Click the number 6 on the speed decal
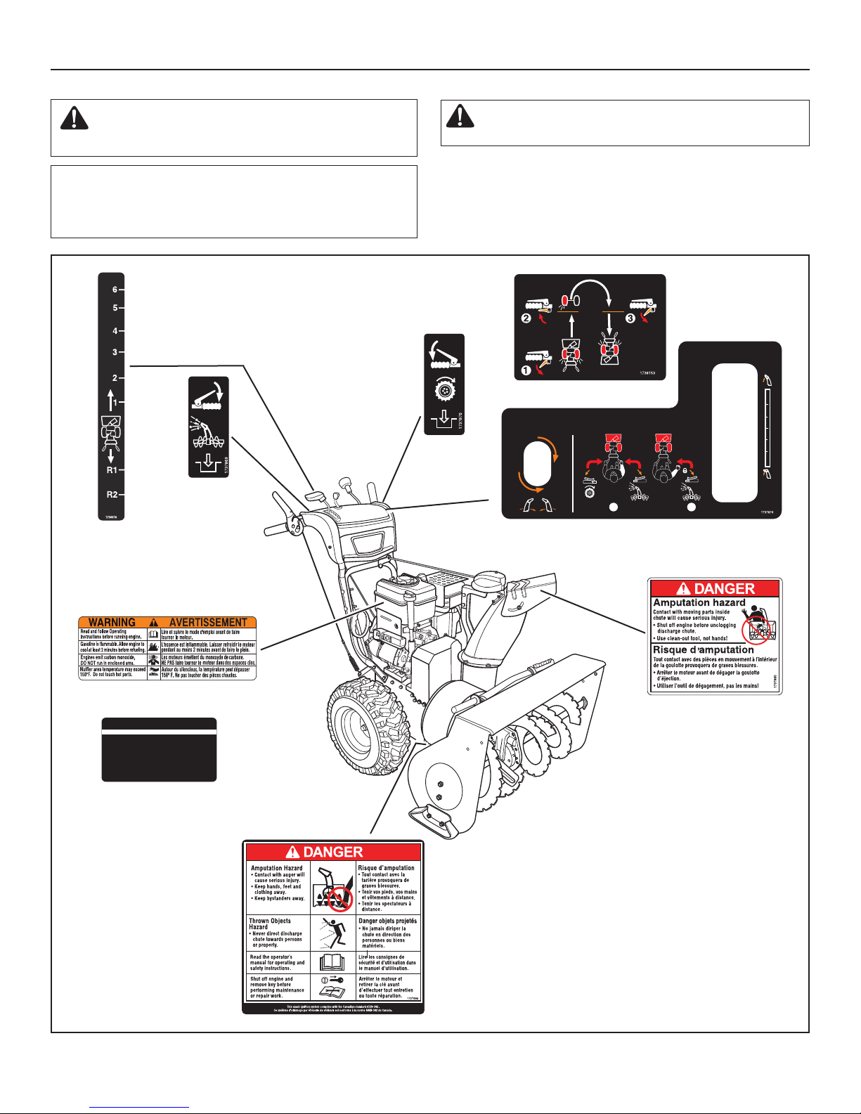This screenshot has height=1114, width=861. (x=115, y=290)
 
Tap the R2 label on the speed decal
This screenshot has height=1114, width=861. (x=112, y=494)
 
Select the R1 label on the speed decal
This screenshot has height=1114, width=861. (x=112, y=470)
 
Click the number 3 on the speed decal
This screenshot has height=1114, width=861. (x=115, y=352)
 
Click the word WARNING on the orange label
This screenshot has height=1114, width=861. (x=112, y=623)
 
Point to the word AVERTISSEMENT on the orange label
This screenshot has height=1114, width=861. (x=208, y=623)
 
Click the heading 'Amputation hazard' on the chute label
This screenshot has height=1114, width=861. (x=699, y=603)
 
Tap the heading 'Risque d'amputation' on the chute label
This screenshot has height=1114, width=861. (x=703, y=650)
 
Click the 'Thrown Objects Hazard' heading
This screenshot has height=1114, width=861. (x=269, y=924)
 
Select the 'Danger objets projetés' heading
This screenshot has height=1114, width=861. (x=387, y=921)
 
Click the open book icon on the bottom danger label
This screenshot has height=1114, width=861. (x=332, y=961)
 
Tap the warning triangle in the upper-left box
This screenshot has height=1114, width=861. (x=74, y=119)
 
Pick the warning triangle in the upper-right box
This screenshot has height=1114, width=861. (x=460, y=116)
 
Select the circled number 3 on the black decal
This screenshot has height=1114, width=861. (x=630, y=318)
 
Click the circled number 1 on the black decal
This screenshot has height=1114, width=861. (x=525, y=368)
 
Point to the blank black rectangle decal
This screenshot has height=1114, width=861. (x=159, y=750)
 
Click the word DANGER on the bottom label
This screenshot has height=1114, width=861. (x=332, y=853)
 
